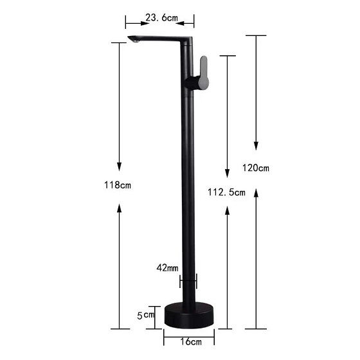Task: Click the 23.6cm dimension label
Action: (161, 17)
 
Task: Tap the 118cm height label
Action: (118, 185)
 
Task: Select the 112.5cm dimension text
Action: (226, 192)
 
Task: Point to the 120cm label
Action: (256, 168)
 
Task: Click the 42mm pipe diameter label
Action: (167, 267)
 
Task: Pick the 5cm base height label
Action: (145, 316)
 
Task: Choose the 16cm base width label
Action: (191, 341)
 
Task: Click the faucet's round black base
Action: (189, 315)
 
